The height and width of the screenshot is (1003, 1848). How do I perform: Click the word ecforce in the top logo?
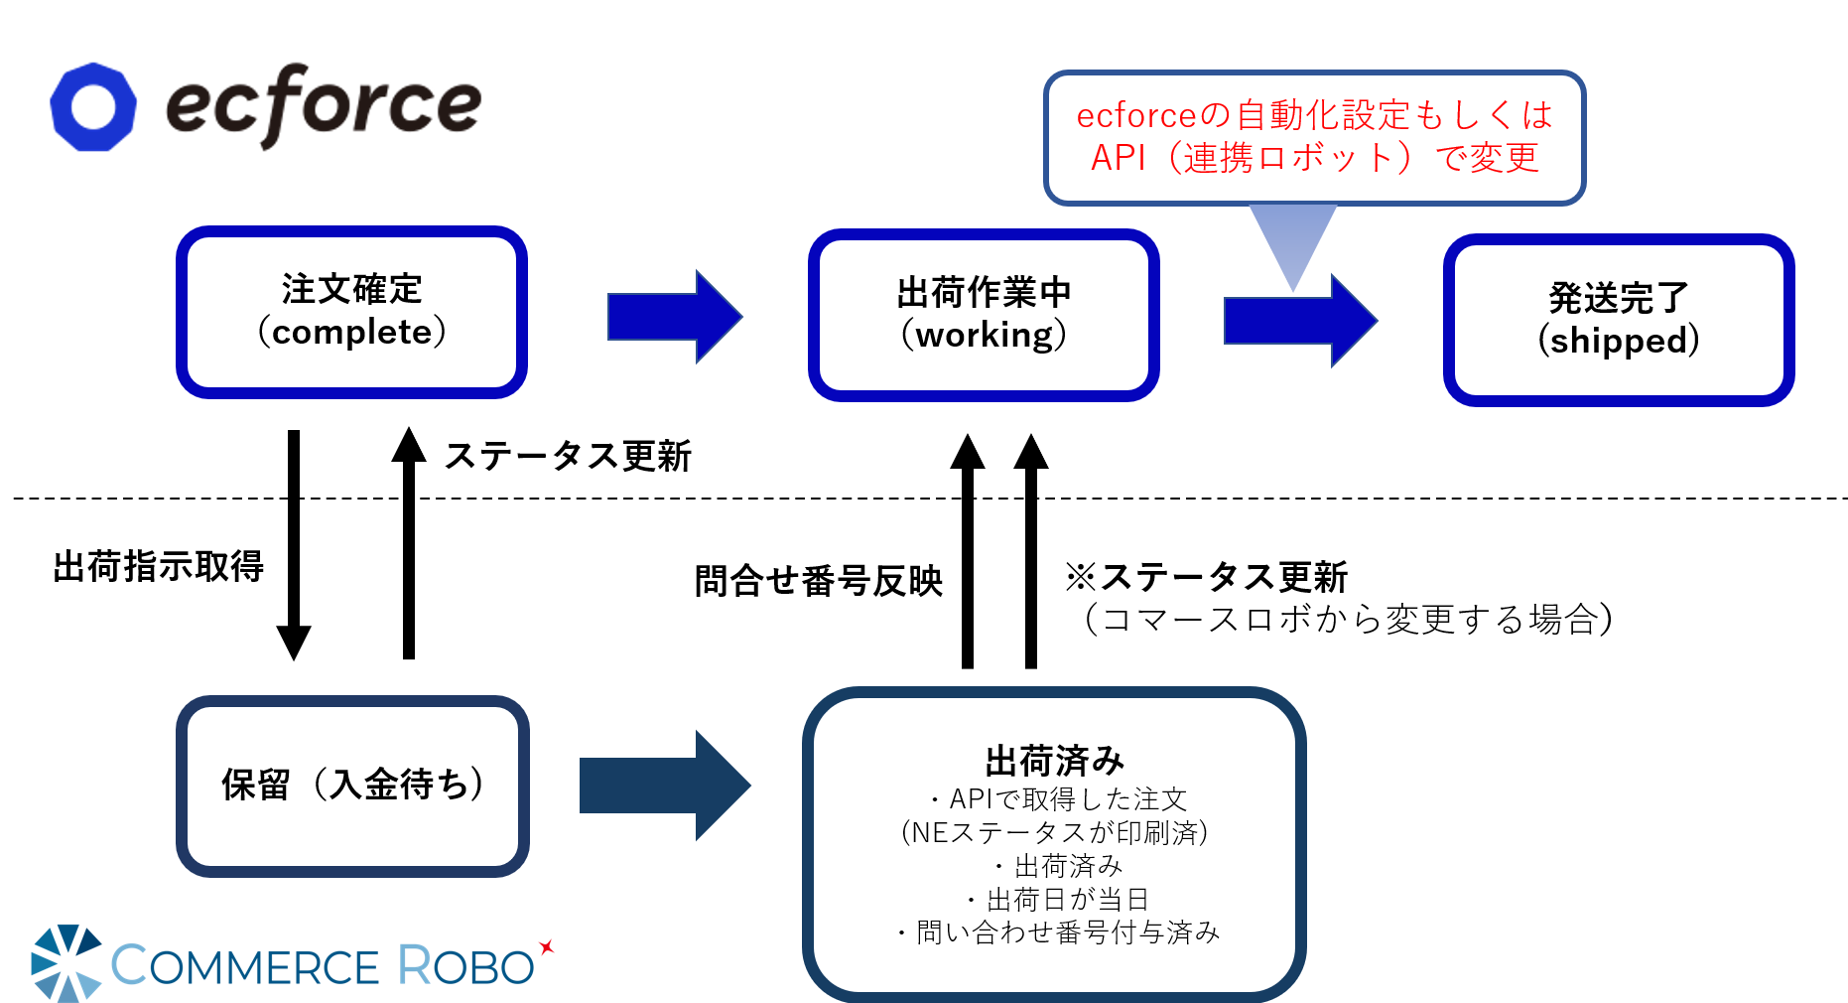point(324,105)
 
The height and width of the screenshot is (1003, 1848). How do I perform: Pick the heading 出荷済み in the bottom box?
point(1055,762)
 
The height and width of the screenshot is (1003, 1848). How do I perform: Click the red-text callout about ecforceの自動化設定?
point(1314,137)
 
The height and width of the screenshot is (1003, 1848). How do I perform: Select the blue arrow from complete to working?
point(675,317)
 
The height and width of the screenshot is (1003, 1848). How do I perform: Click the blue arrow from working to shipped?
point(1301,320)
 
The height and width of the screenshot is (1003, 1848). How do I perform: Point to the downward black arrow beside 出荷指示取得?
point(294,545)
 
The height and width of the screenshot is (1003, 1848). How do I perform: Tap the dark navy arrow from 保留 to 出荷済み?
point(665,786)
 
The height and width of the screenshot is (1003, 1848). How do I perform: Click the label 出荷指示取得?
point(159,567)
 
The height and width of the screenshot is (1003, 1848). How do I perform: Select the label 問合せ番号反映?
point(818,581)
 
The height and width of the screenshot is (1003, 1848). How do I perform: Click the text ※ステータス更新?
point(1206,577)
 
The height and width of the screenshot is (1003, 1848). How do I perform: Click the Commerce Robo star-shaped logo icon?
point(66,963)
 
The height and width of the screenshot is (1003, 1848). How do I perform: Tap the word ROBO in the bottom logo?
point(466,965)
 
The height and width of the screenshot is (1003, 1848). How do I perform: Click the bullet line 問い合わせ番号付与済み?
point(1058,932)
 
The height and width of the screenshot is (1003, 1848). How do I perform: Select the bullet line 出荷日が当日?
point(1058,900)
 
